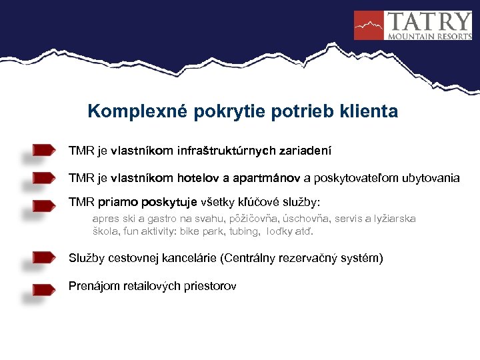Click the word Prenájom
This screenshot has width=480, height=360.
[x=93, y=286]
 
